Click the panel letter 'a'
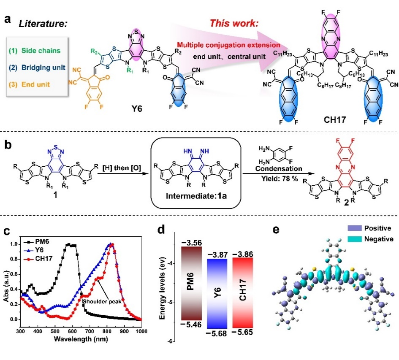[x=7, y=19]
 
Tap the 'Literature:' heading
[x=43, y=24]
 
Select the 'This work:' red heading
[x=234, y=23]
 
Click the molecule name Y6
[x=137, y=109]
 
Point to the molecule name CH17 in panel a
[x=335, y=119]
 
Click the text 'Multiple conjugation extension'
[x=228, y=45]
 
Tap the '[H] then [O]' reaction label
[x=122, y=168]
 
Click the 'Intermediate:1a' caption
[x=196, y=196]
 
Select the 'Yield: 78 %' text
[x=280, y=179]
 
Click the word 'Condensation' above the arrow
[x=279, y=169]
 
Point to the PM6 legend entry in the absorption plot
[x=37, y=241]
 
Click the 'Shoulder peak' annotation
[x=102, y=301]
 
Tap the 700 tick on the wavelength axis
[x=90, y=331]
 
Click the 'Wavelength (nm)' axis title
[x=81, y=339]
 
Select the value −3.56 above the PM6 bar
[x=191, y=243]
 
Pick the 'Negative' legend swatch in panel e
[x=355, y=239]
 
